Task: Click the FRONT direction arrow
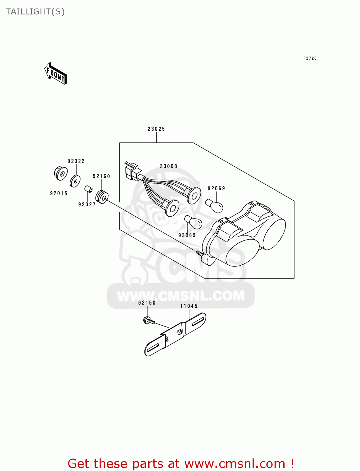[56, 73]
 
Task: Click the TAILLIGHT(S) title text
[35, 12]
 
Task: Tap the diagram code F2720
[310, 58]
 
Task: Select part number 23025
[156, 129]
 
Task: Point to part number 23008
[168, 166]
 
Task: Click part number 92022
[76, 161]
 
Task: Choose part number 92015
[59, 193]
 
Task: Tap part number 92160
[101, 176]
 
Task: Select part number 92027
[87, 204]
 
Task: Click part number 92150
[147, 303]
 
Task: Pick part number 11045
[189, 306]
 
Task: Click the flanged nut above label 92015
[60, 173]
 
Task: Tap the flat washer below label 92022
[75, 181]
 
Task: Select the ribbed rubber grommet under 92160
[102, 197]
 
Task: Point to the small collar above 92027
[88, 189]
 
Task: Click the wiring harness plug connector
[132, 171]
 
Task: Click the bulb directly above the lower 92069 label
[193, 222]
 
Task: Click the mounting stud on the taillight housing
[199, 253]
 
